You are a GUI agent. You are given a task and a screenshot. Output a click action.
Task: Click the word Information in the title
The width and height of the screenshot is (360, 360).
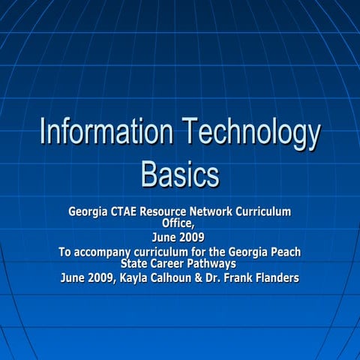(x=96, y=134)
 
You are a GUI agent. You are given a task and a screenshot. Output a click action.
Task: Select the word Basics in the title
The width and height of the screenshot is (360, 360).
(x=180, y=175)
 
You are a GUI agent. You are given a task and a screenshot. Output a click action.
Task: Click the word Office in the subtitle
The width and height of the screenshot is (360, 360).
(x=178, y=223)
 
